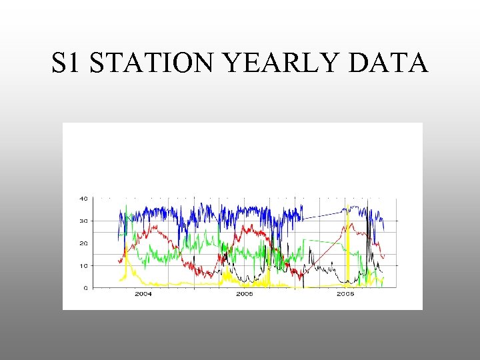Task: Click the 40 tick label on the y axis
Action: pos(83,198)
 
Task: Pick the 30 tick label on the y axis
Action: pos(83,221)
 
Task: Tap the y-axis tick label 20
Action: pos(83,243)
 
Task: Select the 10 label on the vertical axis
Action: pos(83,266)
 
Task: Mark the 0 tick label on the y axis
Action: pos(85,289)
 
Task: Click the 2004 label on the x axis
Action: pos(143,294)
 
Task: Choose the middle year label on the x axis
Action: pos(244,294)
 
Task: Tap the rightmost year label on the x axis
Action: pos(345,294)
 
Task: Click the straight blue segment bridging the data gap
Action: pos(323,213)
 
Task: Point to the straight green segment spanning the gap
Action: pos(323,241)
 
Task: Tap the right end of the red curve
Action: pos(384,255)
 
